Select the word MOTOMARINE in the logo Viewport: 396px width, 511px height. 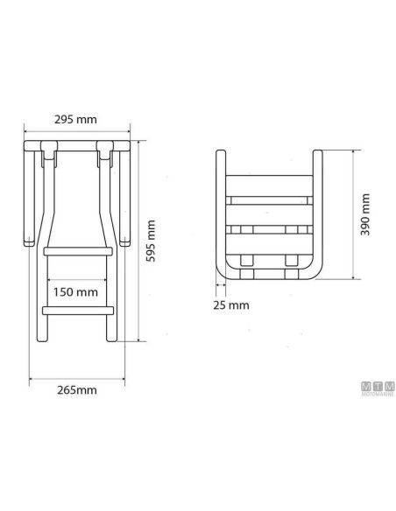pyautogui.click(x=378, y=394)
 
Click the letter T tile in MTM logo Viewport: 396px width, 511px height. pyautogui.click(x=378, y=385)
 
